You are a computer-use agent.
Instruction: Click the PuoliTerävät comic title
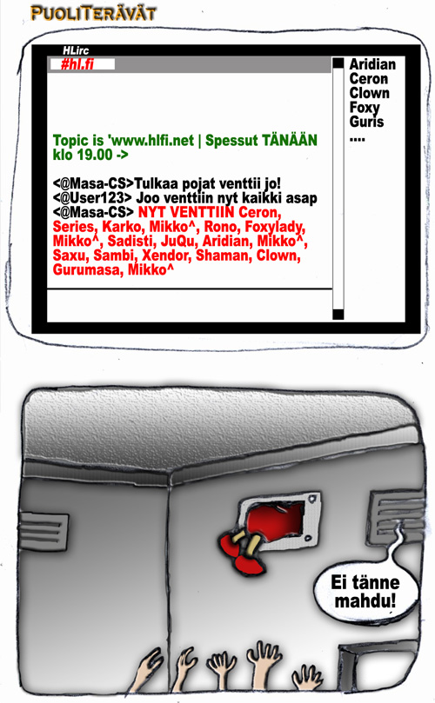point(93,13)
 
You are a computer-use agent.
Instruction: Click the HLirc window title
point(76,50)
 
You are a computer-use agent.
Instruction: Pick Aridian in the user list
point(372,64)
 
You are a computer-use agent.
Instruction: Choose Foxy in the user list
point(365,108)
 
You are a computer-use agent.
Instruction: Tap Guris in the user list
point(366,122)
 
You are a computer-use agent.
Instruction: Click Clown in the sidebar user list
point(370,93)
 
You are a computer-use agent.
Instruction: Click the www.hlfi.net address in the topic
point(152,140)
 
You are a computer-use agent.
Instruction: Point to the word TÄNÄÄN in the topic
point(289,139)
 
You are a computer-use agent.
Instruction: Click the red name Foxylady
point(275,227)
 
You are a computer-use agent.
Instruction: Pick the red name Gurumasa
point(88,269)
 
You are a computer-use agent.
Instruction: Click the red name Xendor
point(165,255)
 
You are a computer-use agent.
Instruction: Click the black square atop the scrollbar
point(338,63)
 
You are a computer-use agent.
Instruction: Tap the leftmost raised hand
point(146,671)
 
